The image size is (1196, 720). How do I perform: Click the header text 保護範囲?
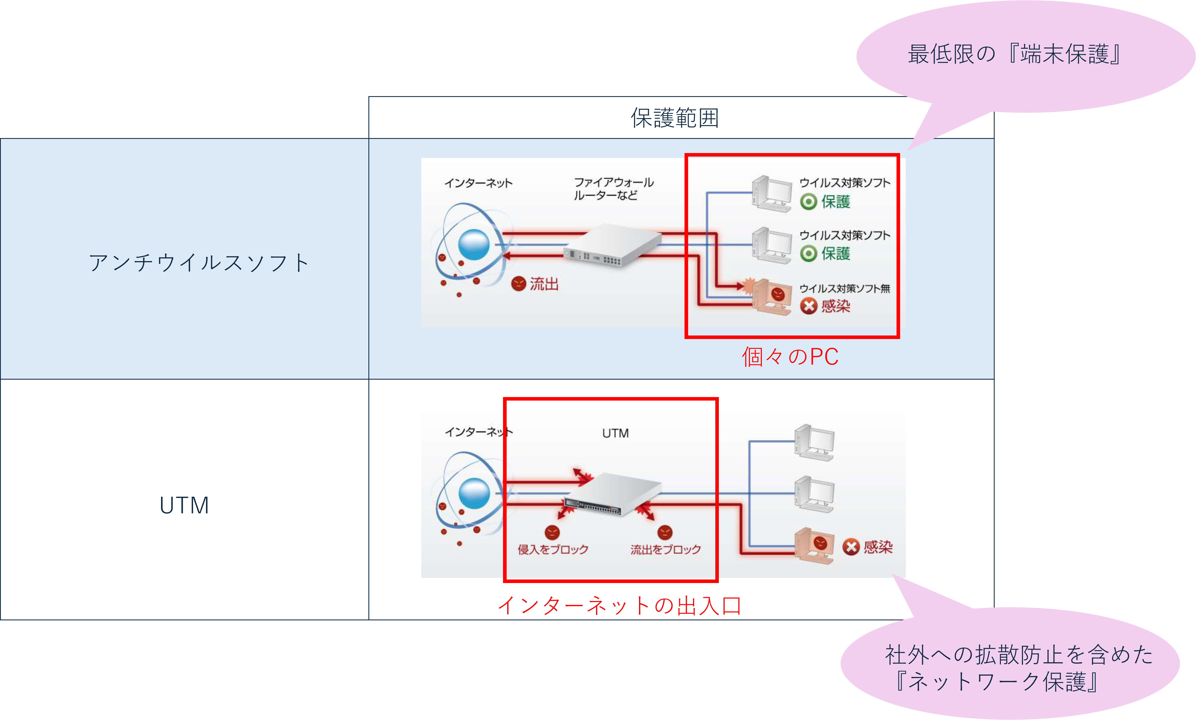tap(675, 118)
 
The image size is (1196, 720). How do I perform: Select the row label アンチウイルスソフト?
tap(199, 263)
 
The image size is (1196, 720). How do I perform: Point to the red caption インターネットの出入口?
tap(619, 606)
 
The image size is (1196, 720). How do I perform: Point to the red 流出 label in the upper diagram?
tap(544, 284)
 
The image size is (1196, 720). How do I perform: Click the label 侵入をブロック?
tap(552, 549)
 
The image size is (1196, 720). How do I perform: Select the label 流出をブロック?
tap(665, 549)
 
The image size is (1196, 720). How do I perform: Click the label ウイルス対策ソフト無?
tap(844, 289)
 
